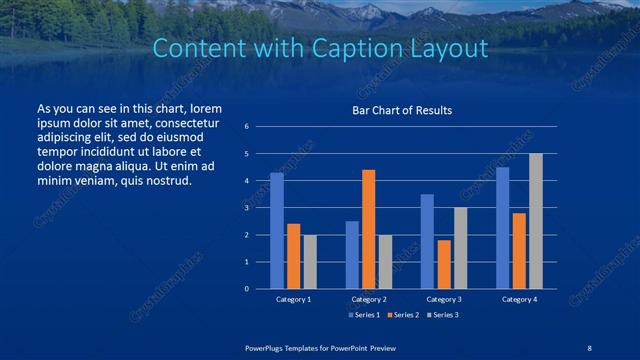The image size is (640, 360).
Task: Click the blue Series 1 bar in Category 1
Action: coord(277,231)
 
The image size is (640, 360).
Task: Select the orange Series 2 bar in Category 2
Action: coord(368,229)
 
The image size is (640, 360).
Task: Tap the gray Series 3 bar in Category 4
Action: coord(536,221)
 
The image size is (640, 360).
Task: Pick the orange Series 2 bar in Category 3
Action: coord(444,264)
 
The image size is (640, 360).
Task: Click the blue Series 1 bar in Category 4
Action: coord(502,228)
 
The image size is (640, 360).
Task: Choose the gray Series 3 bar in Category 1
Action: coord(310,262)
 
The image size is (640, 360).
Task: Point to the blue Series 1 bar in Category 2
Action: coord(352,255)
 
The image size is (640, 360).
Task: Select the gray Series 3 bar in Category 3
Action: coord(460,248)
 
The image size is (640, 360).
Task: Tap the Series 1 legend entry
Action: coord(364,315)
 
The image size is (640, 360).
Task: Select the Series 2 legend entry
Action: coord(402,315)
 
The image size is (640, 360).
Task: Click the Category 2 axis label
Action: coord(369,299)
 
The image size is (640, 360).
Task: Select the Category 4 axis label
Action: coord(519,299)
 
